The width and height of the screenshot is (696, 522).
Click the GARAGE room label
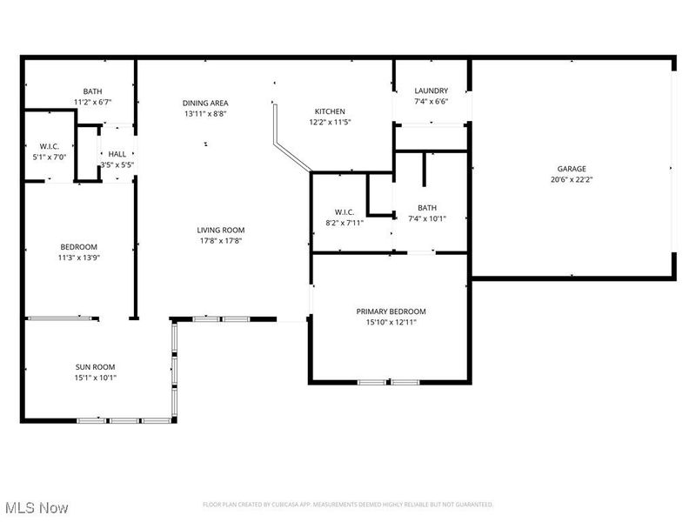572,169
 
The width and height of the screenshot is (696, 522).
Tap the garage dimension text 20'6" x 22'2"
572,180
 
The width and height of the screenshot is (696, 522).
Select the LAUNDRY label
431,90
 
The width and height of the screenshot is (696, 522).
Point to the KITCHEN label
330,111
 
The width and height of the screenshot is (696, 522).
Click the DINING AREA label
205,103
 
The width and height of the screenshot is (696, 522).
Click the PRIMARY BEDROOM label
391,311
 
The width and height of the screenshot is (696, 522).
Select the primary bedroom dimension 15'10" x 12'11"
391,323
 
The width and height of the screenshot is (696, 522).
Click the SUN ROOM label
95,366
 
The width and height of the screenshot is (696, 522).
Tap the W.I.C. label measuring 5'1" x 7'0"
48,146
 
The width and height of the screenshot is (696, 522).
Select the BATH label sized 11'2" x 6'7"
92,91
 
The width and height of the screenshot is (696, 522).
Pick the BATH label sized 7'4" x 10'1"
427,208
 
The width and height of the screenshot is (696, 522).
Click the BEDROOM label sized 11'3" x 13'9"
78,246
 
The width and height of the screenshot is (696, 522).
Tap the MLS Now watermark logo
37,506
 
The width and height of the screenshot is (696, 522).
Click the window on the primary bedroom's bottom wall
389,382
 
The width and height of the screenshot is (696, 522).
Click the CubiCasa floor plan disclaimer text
348,505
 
